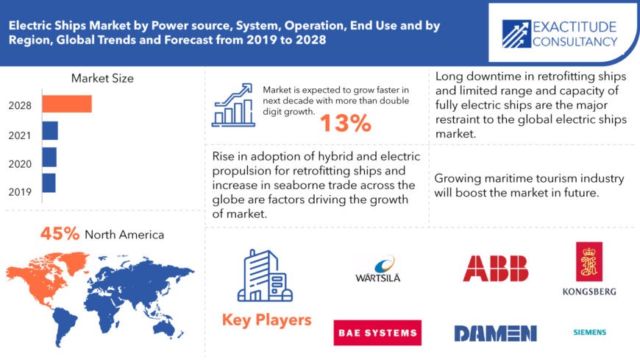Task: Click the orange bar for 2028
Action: pos(66,105)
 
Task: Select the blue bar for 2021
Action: pos(50,131)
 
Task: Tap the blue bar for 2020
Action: pos(49,157)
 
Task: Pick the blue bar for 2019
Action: pos(49,183)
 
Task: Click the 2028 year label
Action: pos(20,105)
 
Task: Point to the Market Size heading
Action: pos(102,78)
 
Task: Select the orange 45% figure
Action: pos(60,234)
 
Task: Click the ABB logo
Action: pos(495,269)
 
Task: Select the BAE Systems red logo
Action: pos(377,333)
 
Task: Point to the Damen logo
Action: pos(495,333)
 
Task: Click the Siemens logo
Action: pos(589,332)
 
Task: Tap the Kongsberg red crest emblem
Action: pos(589,262)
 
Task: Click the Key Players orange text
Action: pos(266,320)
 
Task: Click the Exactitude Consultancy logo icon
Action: pos(520,33)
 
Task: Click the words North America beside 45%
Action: pos(124,235)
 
